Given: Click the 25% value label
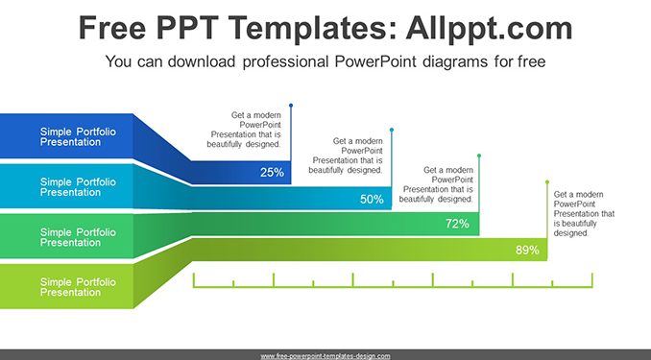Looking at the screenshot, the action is [272, 172].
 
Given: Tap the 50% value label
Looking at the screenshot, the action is [372, 200].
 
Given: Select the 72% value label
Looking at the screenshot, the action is [457, 224].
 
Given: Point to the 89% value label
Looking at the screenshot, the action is [527, 250].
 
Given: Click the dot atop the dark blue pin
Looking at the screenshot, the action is [291, 106].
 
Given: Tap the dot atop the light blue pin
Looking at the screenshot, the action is [392, 130].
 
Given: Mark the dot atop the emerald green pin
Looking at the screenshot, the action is [479, 156].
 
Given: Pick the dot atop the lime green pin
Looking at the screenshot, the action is [547, 182].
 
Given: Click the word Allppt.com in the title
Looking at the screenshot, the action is [489, 28].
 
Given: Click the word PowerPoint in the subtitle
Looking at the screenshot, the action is [375, 61].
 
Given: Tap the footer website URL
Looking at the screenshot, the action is [325, 356].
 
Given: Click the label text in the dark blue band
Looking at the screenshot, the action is [78, 136].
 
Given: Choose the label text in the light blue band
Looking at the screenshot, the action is [78, 187].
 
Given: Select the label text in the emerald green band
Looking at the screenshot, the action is [78, 237].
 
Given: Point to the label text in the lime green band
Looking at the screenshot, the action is [78, 287].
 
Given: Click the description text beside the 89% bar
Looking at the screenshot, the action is [584, 214].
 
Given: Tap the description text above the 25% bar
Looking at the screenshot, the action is [244, 130].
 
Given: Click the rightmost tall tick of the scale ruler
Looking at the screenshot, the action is [592, 280].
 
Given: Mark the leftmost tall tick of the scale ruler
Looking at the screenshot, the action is [193, 280].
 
